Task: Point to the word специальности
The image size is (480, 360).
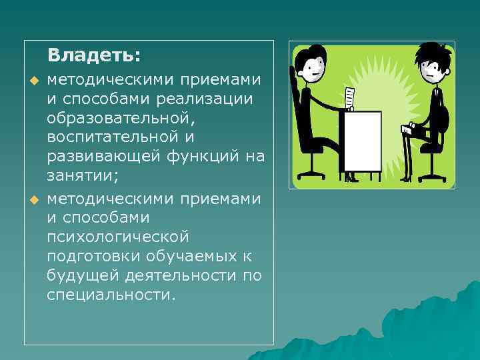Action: point(111,295)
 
